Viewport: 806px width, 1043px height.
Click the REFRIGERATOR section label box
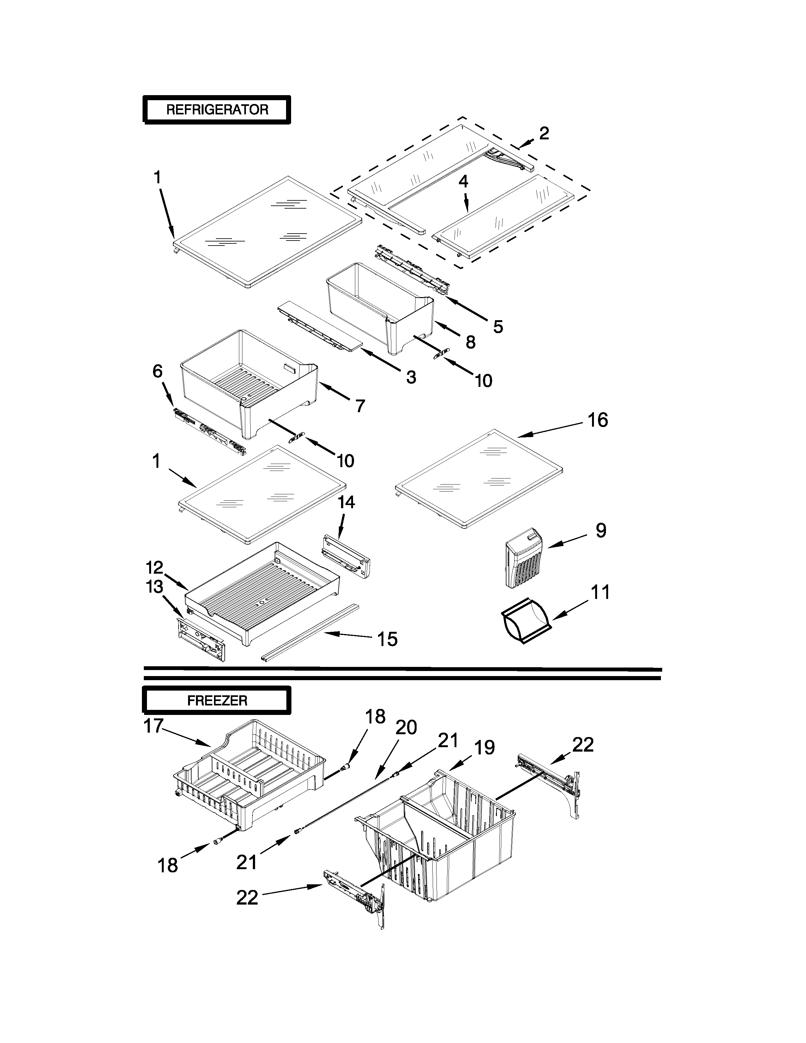[217, 110]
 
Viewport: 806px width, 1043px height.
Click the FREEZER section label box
[217, 701]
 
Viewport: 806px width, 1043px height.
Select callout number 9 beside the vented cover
[601, 531]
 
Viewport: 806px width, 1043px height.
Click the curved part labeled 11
[525, 620]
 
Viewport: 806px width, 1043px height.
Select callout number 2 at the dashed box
[544, 134]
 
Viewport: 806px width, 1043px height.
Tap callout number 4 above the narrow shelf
[463, 181]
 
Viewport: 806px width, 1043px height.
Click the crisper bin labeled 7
[248, 382]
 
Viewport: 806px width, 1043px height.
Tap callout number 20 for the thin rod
[406, 727]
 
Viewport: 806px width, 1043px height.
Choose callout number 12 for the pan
[155, 568]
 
